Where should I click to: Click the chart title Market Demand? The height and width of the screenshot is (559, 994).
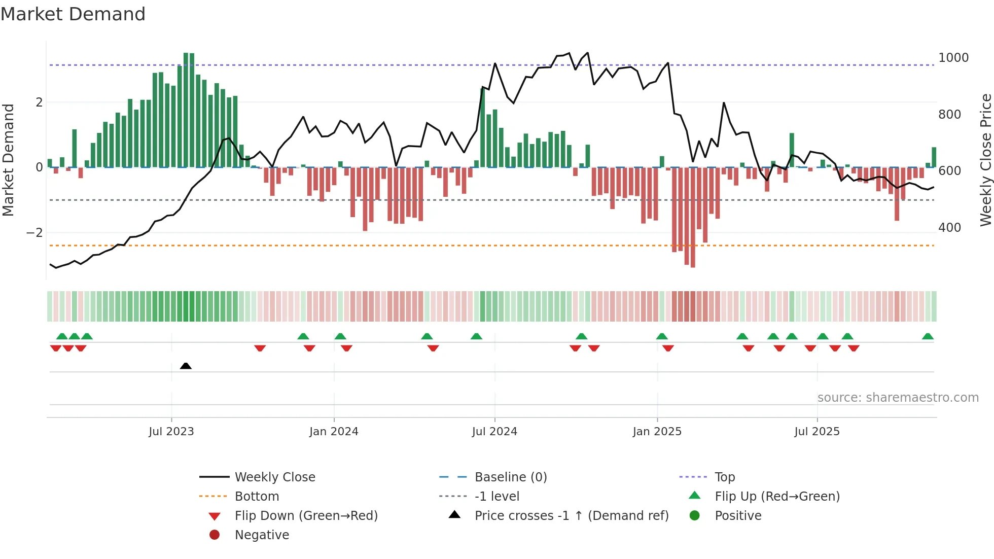[73, 14]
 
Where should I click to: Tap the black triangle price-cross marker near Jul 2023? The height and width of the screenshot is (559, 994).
[186, 366]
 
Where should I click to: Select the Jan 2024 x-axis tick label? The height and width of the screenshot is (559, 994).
[334, 432]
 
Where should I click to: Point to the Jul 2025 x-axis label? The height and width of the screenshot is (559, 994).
[816, 432]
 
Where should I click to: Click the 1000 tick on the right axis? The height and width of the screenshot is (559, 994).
[953, 58]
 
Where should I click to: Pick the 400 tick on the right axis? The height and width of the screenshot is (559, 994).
[949, 228]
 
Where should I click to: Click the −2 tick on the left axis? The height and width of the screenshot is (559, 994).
[35, 233]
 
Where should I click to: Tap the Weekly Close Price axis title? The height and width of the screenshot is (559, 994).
[985, 160]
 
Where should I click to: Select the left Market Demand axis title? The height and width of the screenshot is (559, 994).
[8, 160]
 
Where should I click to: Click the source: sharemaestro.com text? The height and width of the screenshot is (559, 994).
[898, 398]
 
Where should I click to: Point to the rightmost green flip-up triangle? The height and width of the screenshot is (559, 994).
[928, 336]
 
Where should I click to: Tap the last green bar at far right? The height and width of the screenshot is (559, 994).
[934, 157]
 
